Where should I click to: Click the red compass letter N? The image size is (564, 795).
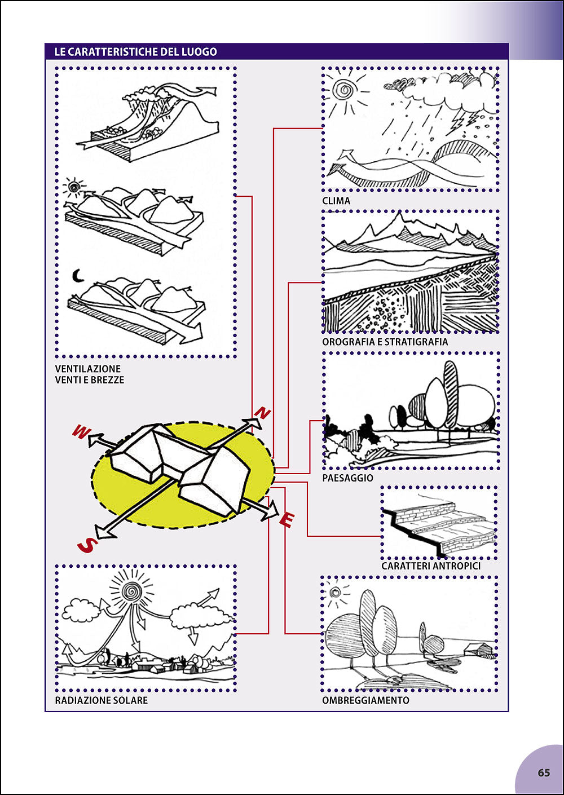(x=262, y=413)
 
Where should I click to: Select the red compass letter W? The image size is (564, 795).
(x=81, y=432)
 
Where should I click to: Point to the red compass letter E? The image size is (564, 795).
(x=287, y=520)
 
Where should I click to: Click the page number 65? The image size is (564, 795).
(x=544, y=772)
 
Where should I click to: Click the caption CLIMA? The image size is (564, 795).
(x=336, y=201)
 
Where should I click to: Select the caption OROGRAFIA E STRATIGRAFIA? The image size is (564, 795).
(x=385, y=342)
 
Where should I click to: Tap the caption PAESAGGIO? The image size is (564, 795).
(x=347, y=478)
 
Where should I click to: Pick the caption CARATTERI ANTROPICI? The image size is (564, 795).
(x=431, y=566)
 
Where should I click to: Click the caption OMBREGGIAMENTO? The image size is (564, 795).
(x=365, y=700)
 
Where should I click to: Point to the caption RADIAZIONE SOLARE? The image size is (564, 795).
(x=102, y=700)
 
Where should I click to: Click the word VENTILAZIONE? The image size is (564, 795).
(x=88, y=369)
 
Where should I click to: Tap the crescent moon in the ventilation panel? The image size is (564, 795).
(x=77, y=276)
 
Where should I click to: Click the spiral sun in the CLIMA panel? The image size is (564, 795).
(x=343, y=89)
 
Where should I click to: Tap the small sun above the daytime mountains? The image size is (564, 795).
(x=74, y=186)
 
